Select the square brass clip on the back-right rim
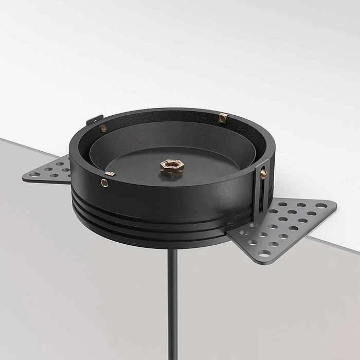tap(223, 118)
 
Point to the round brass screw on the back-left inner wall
tap(103, 128)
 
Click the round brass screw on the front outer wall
tap(105, 183)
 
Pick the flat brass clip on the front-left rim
tap(110, 174)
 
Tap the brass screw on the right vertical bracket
tap(263, 174)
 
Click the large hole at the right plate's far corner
tap(322, 205)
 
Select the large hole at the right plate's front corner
tap(264, 253)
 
